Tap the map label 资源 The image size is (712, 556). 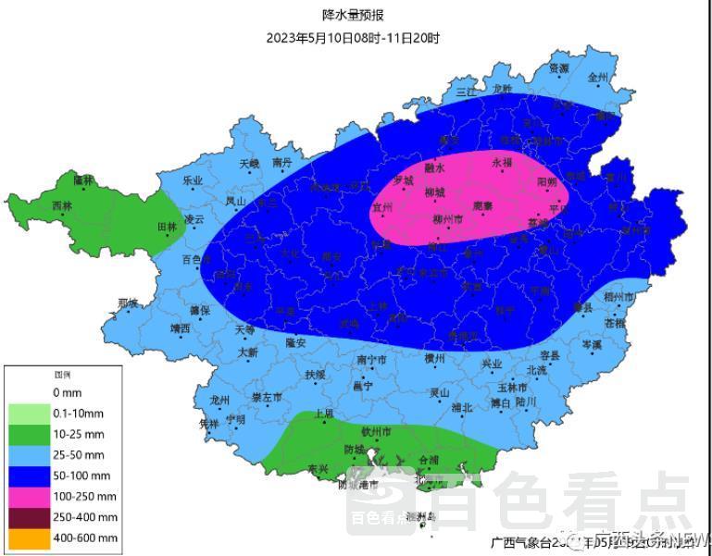coord(559,68)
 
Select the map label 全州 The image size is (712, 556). coord(597,79)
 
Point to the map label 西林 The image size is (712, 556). coord(61,205)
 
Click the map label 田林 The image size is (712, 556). coord(168,227)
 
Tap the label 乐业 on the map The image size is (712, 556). coord(193,180)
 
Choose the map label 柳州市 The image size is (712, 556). coord(448,219)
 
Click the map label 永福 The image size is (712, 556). coord(502,162)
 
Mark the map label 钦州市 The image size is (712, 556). coord(376,431)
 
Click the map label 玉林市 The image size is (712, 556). coord(512,387)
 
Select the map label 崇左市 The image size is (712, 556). coord(268,397)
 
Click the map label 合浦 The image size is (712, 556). coord(429,459)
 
